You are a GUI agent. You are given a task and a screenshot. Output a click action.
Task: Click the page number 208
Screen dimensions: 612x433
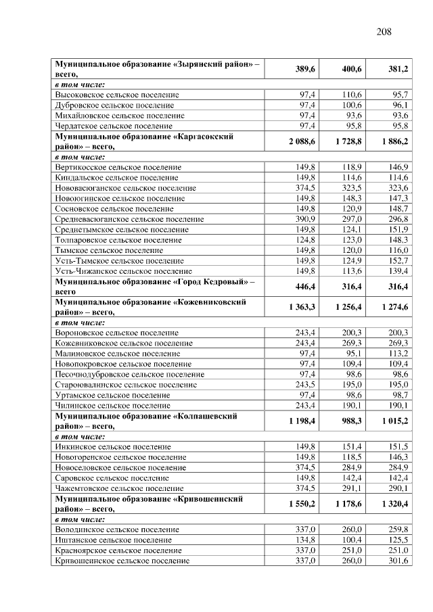pyautogui.click(x=384, y=30)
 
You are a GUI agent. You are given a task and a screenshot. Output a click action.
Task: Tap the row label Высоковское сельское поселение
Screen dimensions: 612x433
pyautogui.click(x=116, y=95)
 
